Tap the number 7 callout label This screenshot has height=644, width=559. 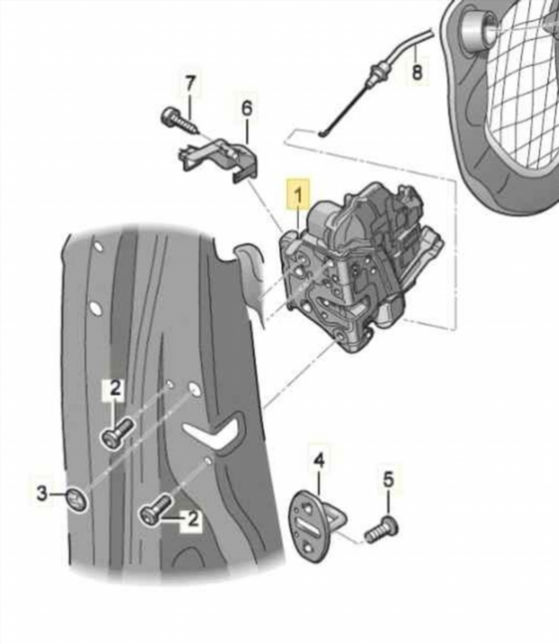click(x=190, y=85)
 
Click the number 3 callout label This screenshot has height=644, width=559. click(x=43, y=493)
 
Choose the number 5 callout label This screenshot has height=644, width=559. click(x=389, y=479)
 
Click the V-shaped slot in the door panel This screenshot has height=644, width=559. click(x=216, y=433)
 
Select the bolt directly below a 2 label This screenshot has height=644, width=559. click(x=115, y=433)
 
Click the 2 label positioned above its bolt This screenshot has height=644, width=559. click(x=114, y=389)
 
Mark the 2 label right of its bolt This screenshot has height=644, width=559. click(x=191, y=521)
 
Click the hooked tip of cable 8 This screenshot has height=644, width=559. click(x=323, y=133)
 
